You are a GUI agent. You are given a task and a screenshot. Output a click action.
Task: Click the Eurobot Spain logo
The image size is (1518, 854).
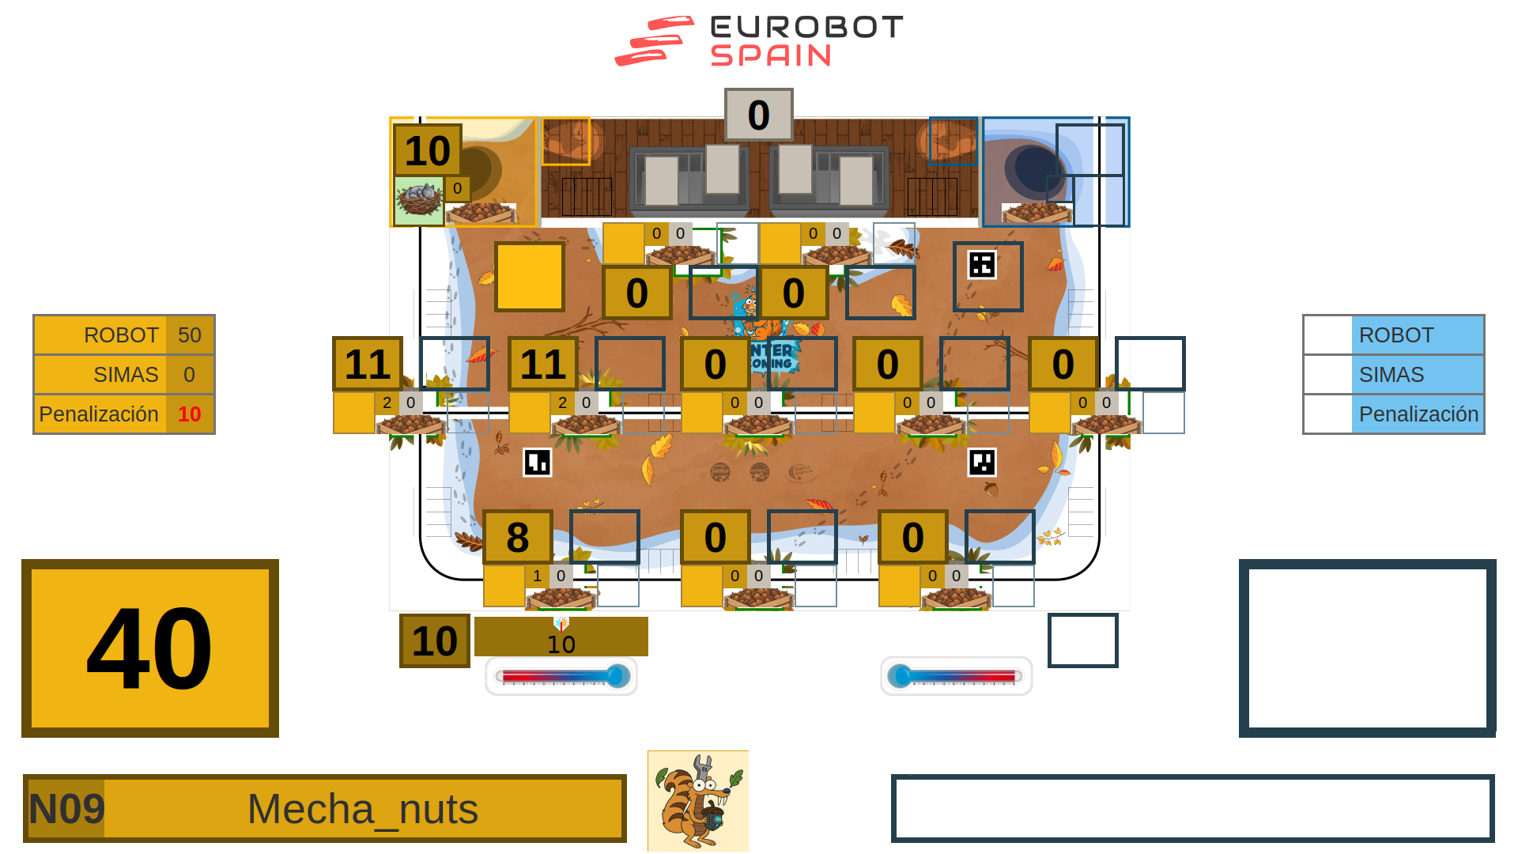pos(758,41)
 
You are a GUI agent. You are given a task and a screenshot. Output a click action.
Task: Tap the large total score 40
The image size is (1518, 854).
pos(150,648)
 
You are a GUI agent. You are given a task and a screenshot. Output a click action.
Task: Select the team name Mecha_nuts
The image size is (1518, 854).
pos(363,809)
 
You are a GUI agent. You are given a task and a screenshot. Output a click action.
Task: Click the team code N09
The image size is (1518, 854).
pos(66,809)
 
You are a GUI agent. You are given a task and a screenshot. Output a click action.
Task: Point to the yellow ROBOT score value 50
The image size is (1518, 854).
pos(189,335)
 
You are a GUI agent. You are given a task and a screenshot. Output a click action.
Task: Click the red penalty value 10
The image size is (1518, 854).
pos(189,414)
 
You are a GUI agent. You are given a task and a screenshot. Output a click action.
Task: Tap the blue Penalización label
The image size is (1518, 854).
pos(1418,414)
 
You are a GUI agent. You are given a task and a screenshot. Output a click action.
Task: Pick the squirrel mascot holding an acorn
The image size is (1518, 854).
pos(697,800)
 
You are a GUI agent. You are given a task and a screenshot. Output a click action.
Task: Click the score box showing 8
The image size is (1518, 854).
pos(518,538)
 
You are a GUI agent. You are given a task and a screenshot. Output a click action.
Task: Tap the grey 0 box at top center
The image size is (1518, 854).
pos(758,115)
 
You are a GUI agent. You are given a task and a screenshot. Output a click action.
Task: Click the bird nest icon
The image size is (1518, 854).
pos(419,201)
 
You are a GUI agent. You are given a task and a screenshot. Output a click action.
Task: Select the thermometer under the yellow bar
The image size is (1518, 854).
pos(561,676)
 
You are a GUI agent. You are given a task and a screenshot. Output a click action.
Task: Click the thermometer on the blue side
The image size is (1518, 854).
pos(956,676)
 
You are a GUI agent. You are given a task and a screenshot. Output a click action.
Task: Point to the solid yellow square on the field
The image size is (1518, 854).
pos(530,277)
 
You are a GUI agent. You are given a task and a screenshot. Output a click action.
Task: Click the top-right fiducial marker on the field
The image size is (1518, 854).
pos(982,265)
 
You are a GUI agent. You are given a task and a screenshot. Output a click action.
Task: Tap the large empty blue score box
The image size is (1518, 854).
pos(1367,648)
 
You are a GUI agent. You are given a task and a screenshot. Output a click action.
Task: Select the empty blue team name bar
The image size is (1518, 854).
pos(1192,808)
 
